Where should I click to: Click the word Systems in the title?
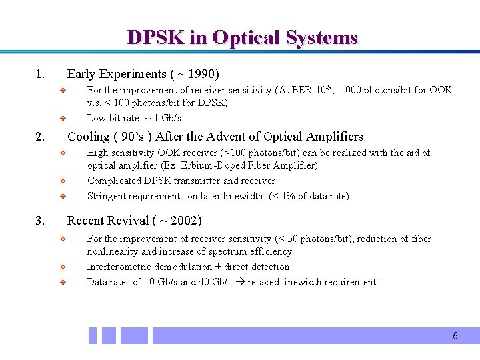pos(322,38)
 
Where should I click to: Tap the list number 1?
pos(40,74)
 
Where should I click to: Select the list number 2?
pos(40,137)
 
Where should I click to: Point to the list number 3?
pos(40,221)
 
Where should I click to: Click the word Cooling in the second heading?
pos(89,137)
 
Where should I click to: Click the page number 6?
pos(455,336)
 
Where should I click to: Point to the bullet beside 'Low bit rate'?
pos(61,119)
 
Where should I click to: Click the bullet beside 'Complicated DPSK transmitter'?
pos(61,181)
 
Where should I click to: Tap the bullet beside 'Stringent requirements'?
pos(61,197)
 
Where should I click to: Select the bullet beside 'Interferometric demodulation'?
pos(61,267)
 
